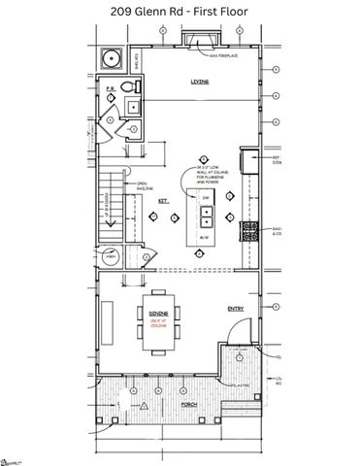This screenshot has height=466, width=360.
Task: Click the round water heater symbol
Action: pos(113,56)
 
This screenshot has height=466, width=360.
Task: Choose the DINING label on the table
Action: pos(159,314)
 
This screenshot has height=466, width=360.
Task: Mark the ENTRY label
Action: pos(236,309)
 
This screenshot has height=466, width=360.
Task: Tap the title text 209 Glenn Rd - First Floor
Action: pos(180,12)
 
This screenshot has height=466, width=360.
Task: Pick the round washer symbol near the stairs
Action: pos(110,258)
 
